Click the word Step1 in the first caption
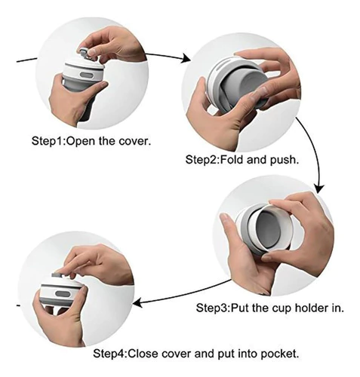(x=48, y=141)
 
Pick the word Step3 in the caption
(x=213, y=308)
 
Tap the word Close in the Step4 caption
(x=143, y=354)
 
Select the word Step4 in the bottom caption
(x=109, y=354)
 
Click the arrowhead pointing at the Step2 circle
(x=186, y=58)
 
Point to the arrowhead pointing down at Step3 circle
(x=319, y=188)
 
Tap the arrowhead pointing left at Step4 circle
(x=138, y=302)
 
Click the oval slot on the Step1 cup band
(x=87, y=75)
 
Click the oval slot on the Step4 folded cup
(x=62, y=293)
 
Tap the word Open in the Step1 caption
(x=82, y=142)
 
